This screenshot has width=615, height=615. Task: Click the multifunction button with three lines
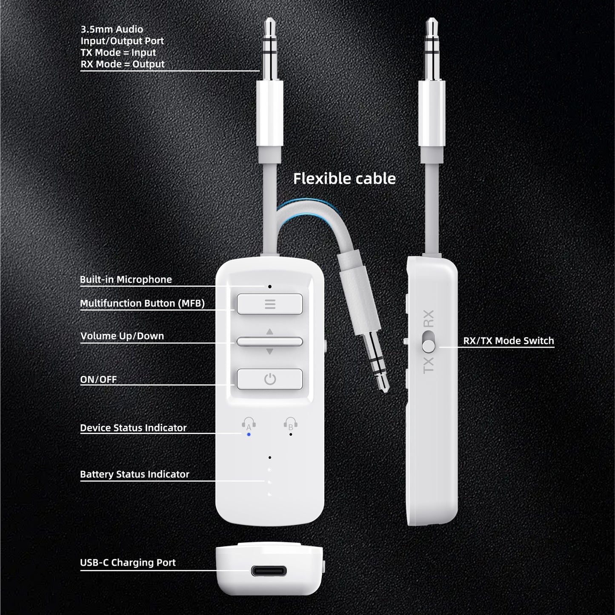pyautogui.click(x=270, y=304)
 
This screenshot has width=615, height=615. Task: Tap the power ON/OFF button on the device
pyautogui.click(x=270, y=379)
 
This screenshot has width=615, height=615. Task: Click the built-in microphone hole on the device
pyautogui.click(x=270, y=286)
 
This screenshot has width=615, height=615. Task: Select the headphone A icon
pyautogui.click(x=249, y=424)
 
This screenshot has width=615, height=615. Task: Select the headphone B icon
pyautogui.click(x=291, y=424)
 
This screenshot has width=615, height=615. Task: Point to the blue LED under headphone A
pyautogui.click(x=249, y=435)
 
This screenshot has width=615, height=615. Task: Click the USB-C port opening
pyautogui.click(x=269, y=571)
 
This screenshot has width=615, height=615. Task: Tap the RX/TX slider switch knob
pyautogui.click(x=428, y=346)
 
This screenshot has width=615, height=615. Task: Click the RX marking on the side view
pyautogui.click(x=428, y=318)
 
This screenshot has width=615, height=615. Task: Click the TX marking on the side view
pyautogui.click(x=428, y=365)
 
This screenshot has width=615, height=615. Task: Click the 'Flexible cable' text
pyautogui.click(x=344, y=178)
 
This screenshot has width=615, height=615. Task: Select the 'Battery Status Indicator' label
pyautogui.click(x=134, y=474)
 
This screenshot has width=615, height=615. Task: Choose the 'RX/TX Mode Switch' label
pyautogui.click(x=509, y=340)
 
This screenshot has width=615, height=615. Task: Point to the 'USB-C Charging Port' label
pyautogui.click(x=128, y=562)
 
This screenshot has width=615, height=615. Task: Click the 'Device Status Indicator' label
pyautogui.click(x=133, y=428)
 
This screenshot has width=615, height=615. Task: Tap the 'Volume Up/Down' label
pyautogui.click(x=122, y=336)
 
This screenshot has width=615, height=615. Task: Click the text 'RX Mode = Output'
pyautogui.click(x=123, y=64)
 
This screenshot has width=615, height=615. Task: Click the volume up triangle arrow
pyautogui.click(x=270, y=332)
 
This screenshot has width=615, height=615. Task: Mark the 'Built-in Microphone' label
pyautogui.click(x=126, y=279)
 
